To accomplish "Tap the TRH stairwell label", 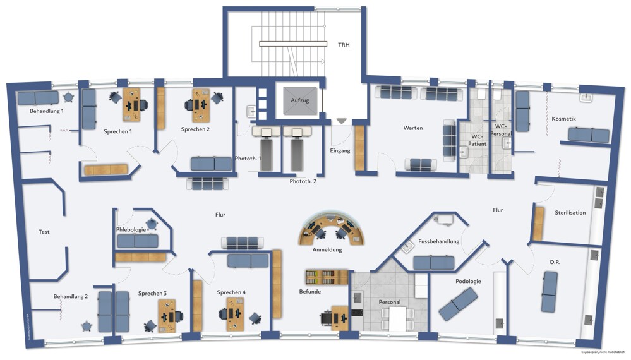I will pos(344,44).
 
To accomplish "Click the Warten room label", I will pos(413,128).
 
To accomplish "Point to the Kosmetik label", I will pos(563,119).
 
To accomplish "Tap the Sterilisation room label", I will pos(570,213).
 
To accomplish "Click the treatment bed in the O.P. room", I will pos(548,291).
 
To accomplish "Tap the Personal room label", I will pos(390,302).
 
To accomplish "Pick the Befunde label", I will pos(310,292).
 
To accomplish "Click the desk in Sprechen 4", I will pos(235,310).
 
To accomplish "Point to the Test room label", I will pos(44,232).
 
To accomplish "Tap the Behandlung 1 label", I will pos(47,111).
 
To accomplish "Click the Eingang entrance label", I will pos(340,151).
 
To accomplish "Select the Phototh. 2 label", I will pos(303,181).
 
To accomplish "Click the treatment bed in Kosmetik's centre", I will pos(588,135).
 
